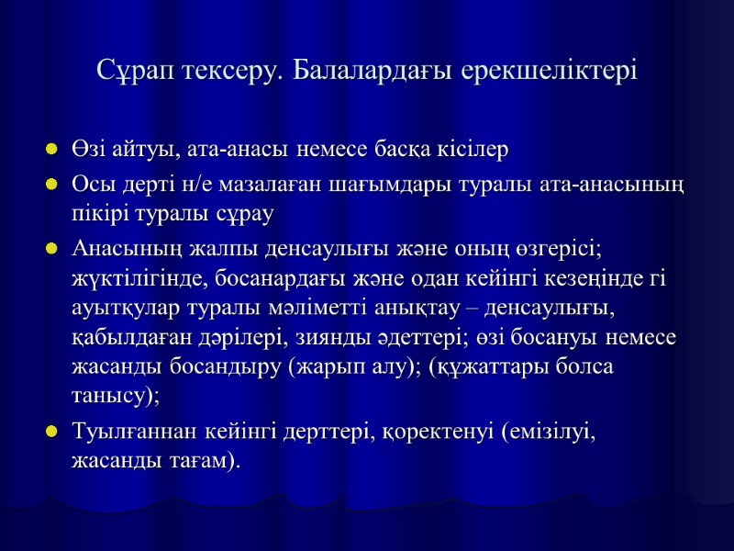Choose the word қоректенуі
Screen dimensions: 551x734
[435, 433]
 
